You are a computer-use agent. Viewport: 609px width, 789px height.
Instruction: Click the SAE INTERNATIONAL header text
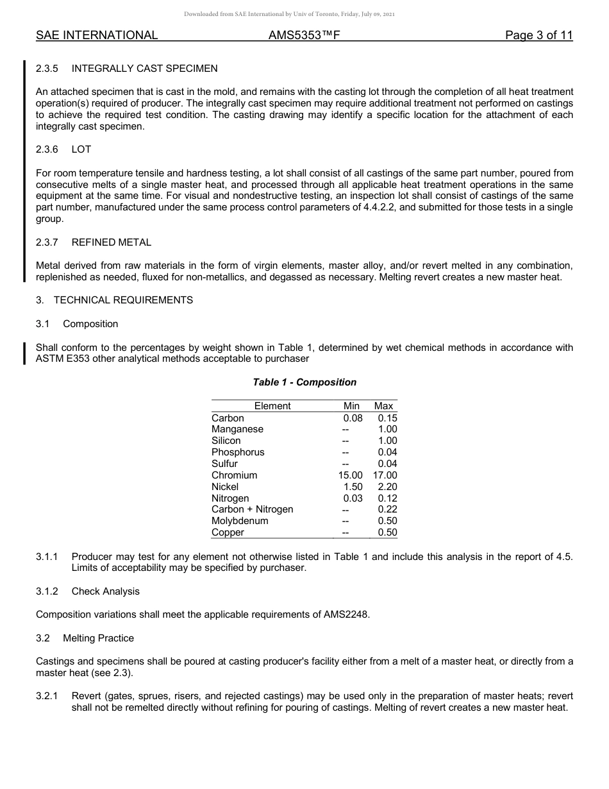(x=97, y=35)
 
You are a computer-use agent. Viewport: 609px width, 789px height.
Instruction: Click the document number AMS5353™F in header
(x=304, y=35)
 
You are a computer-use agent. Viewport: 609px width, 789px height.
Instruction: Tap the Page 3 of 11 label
(x=538, y=35)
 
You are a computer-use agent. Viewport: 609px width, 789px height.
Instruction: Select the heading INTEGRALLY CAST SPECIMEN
(x=144, y=68)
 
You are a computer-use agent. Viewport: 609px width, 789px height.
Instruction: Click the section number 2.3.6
(x=47, y=149)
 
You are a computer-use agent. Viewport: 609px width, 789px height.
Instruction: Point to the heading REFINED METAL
(x=112, y=242)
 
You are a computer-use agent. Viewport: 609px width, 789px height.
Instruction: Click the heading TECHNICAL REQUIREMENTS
(x=123, y=300)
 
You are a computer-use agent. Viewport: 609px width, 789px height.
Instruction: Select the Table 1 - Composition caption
(x=304, y=382)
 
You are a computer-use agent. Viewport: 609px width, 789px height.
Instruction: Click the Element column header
(x=272, y=405)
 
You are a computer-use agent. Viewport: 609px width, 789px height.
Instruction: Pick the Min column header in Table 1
(x=351, y=405)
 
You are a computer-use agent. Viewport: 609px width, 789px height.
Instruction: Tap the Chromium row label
(x=234, y=475)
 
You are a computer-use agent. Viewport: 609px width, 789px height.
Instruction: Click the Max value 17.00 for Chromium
(x=385, y=475)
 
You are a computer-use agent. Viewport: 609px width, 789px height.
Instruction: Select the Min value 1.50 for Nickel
(x=353, y=487)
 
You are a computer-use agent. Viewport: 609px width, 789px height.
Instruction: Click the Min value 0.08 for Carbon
(x=353, y=418)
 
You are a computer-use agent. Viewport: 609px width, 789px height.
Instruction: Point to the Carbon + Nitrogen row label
(x=252, y=509)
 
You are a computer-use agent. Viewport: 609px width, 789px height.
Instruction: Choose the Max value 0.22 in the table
(x=387, y=509)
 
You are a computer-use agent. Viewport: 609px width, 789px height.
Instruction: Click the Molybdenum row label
(x=240, y=521)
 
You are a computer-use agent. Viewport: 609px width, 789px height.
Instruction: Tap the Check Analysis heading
(x=105, y=591)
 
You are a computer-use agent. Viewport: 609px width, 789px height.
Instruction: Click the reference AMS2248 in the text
(x=345, y=615)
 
